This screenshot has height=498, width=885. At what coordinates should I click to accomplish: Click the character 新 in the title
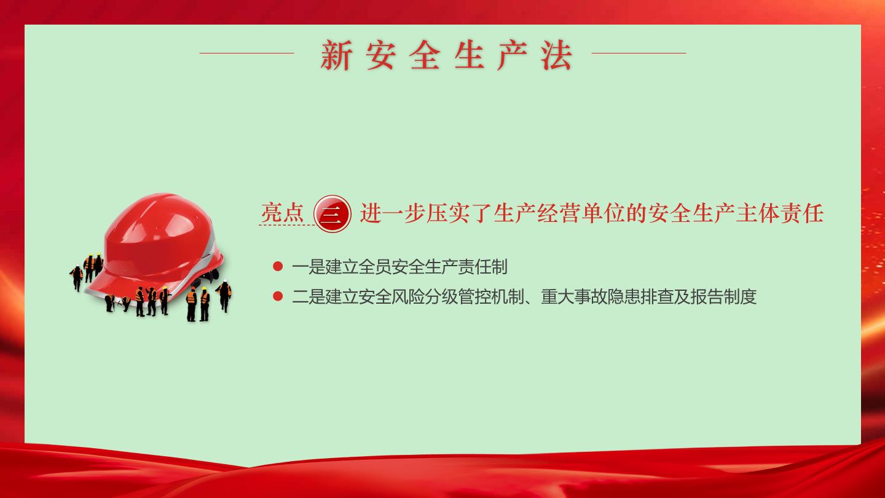[336, 55]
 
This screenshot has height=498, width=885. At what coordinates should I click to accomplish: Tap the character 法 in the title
[556, 55]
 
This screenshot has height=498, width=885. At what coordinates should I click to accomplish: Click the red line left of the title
[246, 53]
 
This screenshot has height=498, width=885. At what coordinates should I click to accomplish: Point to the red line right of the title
[639, 53]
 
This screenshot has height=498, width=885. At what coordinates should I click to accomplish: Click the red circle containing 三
[332, 214]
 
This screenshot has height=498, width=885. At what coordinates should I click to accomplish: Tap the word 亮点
[282, 213]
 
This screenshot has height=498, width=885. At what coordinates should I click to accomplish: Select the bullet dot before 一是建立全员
[278, 266]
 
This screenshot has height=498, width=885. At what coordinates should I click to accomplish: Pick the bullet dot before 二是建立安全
[278, 296]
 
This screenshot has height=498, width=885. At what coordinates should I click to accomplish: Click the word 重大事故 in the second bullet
[574, 296]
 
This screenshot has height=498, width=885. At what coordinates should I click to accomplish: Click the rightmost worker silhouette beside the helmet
[224, 296]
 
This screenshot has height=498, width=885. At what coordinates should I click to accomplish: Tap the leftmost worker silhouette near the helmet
[77, 278]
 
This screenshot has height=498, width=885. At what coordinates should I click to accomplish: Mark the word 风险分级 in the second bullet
[425, 296]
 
